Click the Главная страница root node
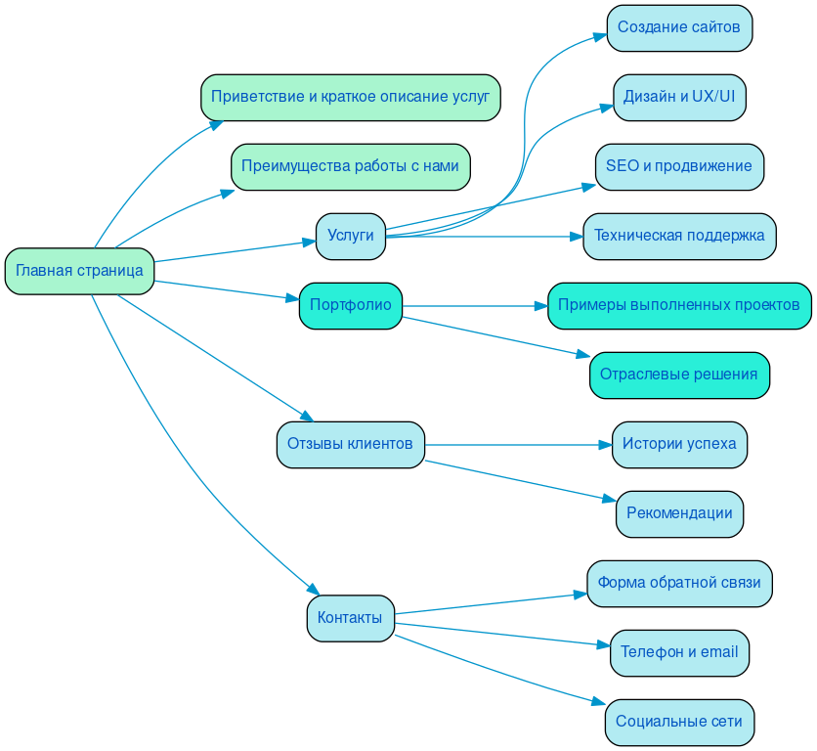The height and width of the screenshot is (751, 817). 79,271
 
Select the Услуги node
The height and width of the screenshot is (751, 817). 350,236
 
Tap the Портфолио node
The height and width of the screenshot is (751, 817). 350,305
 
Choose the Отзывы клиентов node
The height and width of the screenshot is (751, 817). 350,444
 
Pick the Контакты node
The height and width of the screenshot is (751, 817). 350,618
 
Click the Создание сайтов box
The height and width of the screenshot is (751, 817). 679,27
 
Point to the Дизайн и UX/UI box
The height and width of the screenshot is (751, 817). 679,97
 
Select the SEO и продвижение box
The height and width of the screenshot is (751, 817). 679,166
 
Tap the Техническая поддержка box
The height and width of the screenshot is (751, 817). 679,236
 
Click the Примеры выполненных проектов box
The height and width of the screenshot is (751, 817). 679,305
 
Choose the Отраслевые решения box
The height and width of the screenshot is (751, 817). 679,375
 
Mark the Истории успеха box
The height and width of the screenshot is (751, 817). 679,444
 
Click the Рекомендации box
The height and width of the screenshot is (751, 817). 679,513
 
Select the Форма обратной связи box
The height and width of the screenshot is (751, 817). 679,583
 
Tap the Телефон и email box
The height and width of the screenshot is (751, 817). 679,652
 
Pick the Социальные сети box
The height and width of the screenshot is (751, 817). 679,722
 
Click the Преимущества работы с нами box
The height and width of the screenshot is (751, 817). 350,166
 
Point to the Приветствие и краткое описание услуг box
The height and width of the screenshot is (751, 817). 350,97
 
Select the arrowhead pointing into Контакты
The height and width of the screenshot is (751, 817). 315,590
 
